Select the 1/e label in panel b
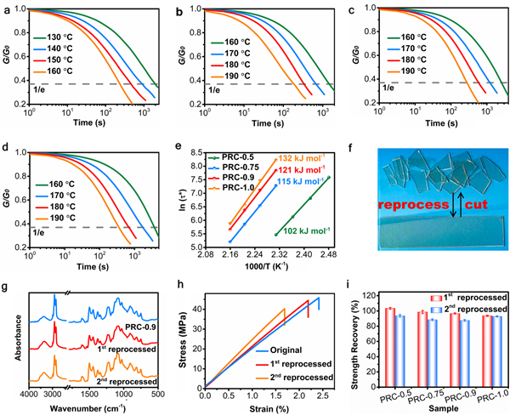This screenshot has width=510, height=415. pos(199,89)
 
